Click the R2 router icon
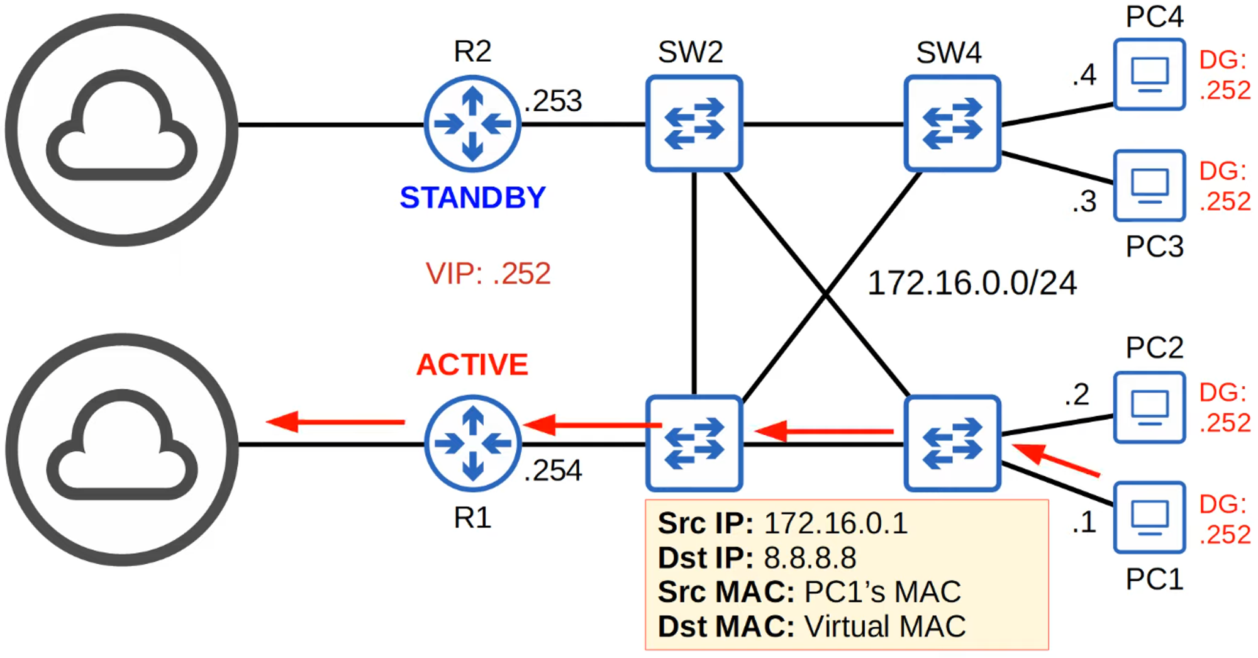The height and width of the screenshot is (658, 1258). [472, 124]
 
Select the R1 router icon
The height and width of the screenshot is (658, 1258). [472, 443]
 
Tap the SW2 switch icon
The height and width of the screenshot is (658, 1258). [694, 124]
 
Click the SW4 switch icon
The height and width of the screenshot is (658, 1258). [952, 124]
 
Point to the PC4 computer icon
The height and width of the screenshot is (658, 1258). [1149, 75]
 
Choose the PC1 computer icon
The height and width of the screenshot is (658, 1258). [1149, 518]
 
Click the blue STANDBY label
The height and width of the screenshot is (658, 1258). [472, 198]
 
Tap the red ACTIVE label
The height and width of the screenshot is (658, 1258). [472, 365]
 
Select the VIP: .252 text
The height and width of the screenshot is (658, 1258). [488, 274]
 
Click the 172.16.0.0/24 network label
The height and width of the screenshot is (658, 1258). [972, 283]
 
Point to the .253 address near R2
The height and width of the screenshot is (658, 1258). [554, 101]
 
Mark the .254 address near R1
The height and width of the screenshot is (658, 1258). [554, 471]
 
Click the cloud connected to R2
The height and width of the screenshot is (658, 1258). [122, 129]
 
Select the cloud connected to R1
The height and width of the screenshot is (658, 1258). [122, 449]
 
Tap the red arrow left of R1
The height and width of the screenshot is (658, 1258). [335, 421]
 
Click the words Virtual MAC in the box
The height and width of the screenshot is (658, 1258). [884, 627]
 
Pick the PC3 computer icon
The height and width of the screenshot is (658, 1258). [1149, 186]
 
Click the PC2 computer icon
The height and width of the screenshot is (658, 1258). [1149, 408]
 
